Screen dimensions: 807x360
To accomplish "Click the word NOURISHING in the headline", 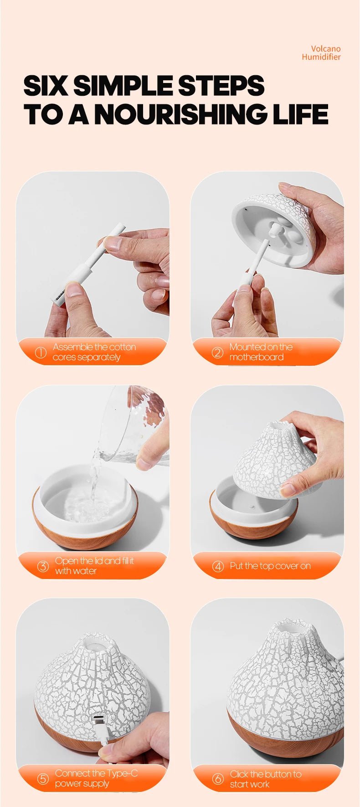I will pyautogui.click(x=182, y=114).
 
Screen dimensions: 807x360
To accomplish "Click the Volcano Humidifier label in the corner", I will pyautogui.click(x=321, y=53).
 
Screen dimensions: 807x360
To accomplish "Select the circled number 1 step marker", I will pyautogui.click(x=41, y=352).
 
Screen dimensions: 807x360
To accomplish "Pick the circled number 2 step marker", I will pyautogui.click(x=217, y=352).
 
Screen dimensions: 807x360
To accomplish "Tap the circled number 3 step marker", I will pyautogui.click(x=43, y=566).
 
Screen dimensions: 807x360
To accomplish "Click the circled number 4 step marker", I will pyautogui.click(x=218, y=566).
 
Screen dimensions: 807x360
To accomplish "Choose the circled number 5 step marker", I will pyautogui.click(x=42, y=779).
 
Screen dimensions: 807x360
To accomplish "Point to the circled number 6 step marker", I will pyautogui.click(x=218, y=779).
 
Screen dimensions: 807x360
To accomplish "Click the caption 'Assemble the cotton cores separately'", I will pyautogui.click(x=94, y=352).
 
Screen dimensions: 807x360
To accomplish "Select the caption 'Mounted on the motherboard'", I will pyautogui.click(x=261, y=352).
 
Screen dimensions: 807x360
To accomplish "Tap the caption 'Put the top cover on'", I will pyautogui.click(x=270, y=566).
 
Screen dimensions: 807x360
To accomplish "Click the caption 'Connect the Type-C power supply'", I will pyautogui.click(x=96, y=778).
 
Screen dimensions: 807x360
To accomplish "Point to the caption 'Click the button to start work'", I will pyautogui.click(x=265, y=779).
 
